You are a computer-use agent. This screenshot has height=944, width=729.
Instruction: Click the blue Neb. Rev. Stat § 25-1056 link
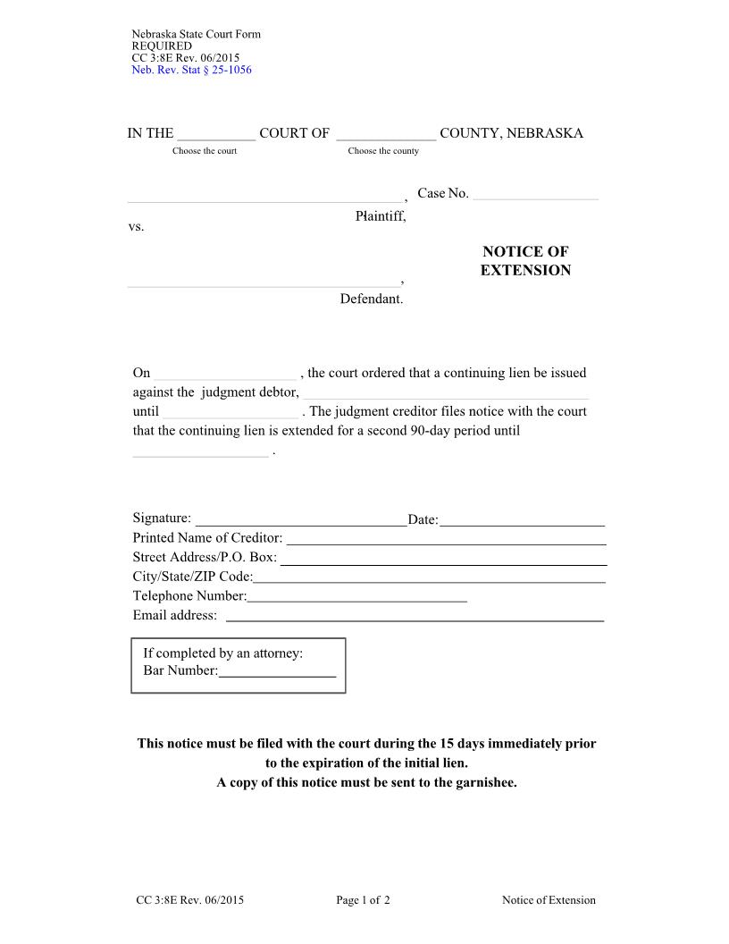coord(191,70)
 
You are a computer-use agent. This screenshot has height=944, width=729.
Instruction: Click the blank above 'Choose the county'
coord(386,135)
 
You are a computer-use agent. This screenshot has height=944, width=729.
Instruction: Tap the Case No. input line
coord(534,194)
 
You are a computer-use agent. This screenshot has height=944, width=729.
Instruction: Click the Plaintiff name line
coord(264,196)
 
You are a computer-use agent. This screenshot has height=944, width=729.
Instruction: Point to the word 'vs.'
coord(136,227)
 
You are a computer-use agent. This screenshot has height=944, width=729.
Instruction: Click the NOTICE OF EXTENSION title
coord(525,261)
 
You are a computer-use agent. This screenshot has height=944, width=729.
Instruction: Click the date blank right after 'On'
coord(225,375)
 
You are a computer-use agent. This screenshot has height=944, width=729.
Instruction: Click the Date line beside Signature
coord(522,520)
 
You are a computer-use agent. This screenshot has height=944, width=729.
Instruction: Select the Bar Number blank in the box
coord(277,672)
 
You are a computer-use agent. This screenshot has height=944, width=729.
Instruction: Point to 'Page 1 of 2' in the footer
coord(363,900)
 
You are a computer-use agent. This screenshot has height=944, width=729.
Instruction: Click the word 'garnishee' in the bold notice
coord(485,782)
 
